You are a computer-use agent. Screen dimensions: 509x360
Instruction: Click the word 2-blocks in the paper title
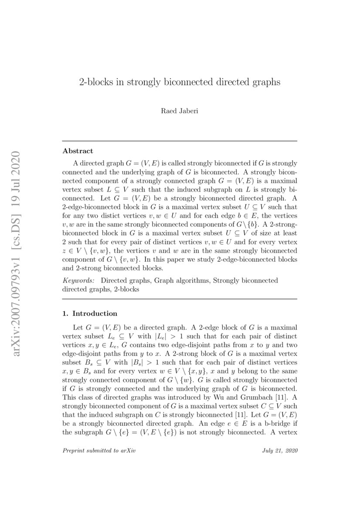pos(94,82)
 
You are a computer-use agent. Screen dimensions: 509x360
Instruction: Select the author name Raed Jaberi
pos(180,111)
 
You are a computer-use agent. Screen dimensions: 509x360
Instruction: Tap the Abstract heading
pos(78,151)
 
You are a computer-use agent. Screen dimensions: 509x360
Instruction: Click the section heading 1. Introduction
pos(90,313)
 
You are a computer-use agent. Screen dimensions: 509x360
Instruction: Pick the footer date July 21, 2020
pos(280,451)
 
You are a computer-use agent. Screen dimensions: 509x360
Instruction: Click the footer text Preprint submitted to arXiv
pos(99,451)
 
